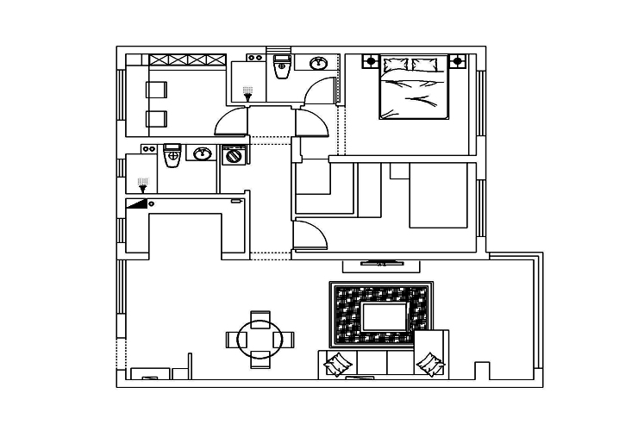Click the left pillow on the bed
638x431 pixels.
(397, 65)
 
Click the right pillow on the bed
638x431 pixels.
(425, 65)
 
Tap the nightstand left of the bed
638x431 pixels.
(371, 61)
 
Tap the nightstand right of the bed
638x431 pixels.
(457, 61)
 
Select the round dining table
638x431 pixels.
(256, 339)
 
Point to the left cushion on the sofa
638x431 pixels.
(335, 364)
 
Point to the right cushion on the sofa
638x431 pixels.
(428, 364)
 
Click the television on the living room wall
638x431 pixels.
(379, 261)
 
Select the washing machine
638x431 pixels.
(233, 156)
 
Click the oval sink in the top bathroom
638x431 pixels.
(318, 62)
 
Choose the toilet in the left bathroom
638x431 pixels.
(171, 156)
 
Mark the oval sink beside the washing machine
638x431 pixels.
(202, 154)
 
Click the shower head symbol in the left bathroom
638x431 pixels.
(143, 183)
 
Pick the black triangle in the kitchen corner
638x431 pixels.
(136, 204)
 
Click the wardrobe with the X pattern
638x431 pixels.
(188, 59)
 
